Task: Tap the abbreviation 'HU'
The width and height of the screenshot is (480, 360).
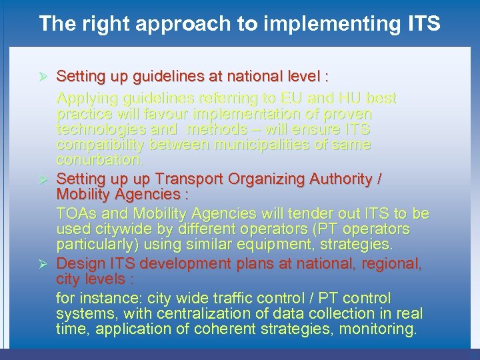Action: pyautogui.click(x=341, y=99)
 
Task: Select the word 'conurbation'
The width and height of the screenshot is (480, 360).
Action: pyautogui.click(x=99, y=161)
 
